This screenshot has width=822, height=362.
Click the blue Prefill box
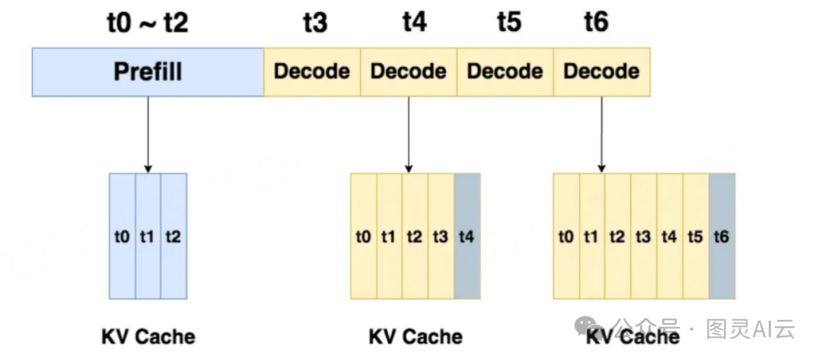point(148,72)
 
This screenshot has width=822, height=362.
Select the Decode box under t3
point(312,72)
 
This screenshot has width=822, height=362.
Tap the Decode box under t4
point(409,72)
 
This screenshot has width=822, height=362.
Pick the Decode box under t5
point(505,72)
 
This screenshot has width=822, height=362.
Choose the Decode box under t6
point(602,72)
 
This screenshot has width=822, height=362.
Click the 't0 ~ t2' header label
point(147,23)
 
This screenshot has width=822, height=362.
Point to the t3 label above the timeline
point(314,23)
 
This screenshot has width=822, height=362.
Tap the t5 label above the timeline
point(508,23)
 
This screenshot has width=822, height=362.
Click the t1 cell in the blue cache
point(148,237)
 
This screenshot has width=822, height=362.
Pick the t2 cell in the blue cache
point(174,237)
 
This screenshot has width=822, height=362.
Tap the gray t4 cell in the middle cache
point(467,237)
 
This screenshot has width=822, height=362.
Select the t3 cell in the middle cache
point(441,237)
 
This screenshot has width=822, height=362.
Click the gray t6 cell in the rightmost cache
point(722,237)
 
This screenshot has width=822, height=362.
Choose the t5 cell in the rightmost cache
point(696,237)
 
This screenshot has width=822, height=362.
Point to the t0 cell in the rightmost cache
point(566,237)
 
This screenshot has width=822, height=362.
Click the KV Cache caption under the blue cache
point(148,336)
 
